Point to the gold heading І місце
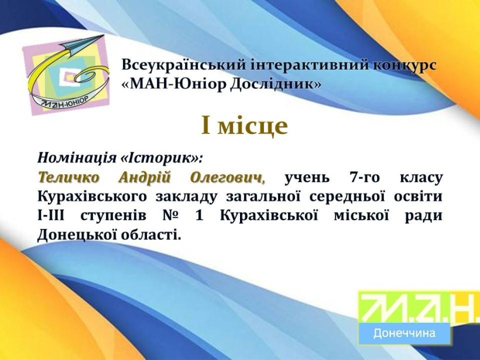tap(244, 125)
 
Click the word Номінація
tap(77, 158)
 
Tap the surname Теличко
tap(68, 177)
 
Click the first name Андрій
tap(144, 178)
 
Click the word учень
tap(307, 178)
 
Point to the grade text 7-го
tap(365, 178)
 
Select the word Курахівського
tap(92, 197)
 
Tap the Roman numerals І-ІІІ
tap(51, 216)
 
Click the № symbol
tap(170, 216)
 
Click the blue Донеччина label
tap(404, 332)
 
